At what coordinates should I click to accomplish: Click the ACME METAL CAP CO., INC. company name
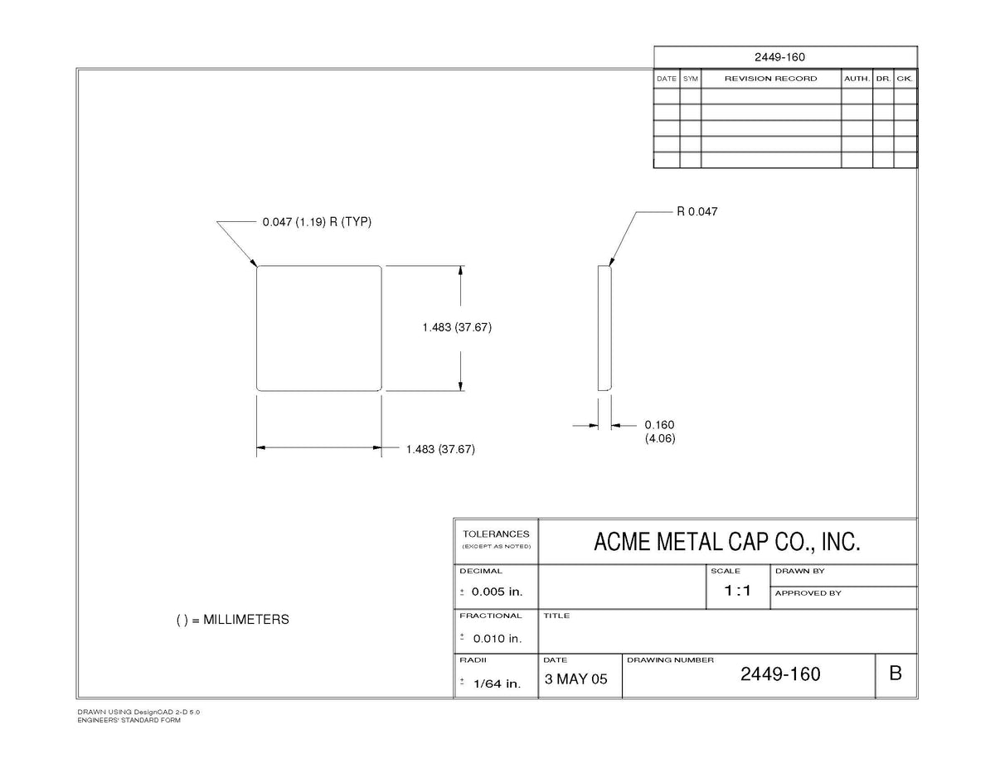[726, 542]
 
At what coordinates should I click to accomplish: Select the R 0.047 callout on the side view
[696, 211]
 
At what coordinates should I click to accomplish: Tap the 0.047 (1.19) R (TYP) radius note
[317, 222]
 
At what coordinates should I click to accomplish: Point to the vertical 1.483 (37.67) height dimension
[457, 327]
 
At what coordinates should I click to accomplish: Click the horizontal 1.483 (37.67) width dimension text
[440, 449]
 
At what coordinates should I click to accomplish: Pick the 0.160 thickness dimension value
[659, 425]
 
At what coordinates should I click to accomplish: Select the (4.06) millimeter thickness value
[660, 438]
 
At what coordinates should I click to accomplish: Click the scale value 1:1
[737, 591]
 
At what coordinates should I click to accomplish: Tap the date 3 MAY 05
[575, 679]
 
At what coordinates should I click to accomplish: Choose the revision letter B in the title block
[895, 674]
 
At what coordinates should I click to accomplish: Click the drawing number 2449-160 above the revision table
[779, 57]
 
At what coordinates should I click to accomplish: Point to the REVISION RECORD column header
[770, 79]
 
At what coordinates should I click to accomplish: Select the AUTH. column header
[857, 79]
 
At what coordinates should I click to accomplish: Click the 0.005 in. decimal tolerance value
[497, 592]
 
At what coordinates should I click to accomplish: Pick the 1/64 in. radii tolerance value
[498, 683]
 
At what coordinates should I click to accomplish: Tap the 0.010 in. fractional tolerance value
[498, 639]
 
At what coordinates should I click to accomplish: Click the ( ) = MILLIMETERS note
[233, 620]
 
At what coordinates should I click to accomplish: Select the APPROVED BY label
[808, 593]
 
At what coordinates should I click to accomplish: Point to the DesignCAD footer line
[138, 712]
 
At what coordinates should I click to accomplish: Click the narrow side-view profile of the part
[604, 328]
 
